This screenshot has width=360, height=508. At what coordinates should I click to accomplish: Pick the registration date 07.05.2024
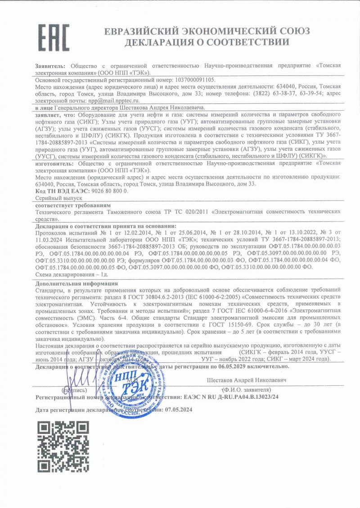click(x=179, y=410)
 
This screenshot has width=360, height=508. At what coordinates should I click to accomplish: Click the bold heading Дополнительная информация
click(x=76, y=284)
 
